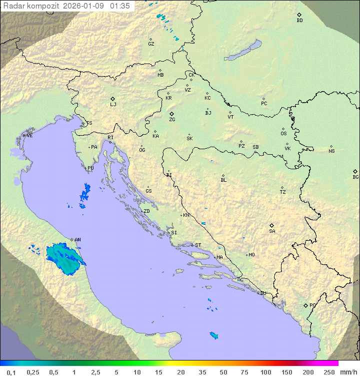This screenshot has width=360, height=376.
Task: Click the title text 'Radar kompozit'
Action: point(30,6)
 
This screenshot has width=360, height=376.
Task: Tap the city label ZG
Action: point(172,120)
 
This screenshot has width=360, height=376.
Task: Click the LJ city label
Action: point(113,104)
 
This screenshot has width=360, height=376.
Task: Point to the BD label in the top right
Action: point(299,21)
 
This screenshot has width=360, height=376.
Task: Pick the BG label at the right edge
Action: point(355,177)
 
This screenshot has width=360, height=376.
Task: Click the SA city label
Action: point(272,231)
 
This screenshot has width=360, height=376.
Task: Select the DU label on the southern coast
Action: point(262,293)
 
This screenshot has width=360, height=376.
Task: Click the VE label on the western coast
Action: point(29,136)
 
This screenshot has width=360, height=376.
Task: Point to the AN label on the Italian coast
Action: point(77,240)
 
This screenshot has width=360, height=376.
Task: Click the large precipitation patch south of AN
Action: point(63,256)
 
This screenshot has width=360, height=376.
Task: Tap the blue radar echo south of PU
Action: point(85,194)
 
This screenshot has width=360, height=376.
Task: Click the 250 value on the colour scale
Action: point(328,372)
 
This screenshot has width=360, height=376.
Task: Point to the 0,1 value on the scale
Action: point(11,372)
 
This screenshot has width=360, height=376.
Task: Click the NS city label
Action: point(331,151)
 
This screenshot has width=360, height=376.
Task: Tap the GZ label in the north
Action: point(151,44)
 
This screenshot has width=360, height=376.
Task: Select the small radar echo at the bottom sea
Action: point(214,335)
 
